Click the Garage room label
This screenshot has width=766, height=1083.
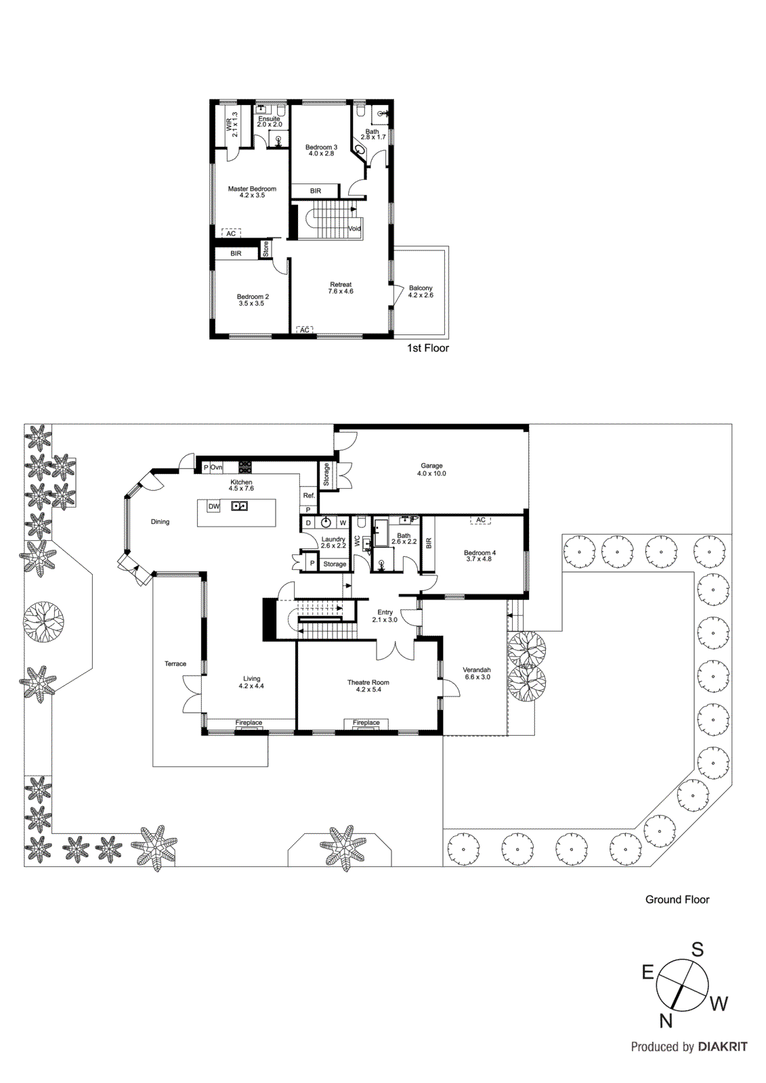[431, 466]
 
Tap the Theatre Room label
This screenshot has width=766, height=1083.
[368, 682]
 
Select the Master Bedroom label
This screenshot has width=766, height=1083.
[252, 189]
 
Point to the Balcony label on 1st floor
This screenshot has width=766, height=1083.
[421, 288]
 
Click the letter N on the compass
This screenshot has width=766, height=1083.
[666, 1021]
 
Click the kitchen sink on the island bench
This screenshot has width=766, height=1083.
[239, 506]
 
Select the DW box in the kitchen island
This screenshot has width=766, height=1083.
[213, 506]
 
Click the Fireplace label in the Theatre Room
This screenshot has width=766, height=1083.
[366, 723]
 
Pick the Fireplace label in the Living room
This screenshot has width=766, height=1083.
[249, 723]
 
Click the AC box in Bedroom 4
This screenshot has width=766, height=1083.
[481, 520]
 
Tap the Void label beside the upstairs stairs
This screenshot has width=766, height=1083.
[355, 229]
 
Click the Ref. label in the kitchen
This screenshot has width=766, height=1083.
[309, 495]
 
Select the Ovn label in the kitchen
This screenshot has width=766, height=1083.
[216, 468]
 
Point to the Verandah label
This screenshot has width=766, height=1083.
[477, 670]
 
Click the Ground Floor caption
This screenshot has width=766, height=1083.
[677, 900]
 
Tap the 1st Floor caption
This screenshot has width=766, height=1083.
[427, 348]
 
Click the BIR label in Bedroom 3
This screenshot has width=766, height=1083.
[316, 191]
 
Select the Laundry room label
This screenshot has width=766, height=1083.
[333, 539]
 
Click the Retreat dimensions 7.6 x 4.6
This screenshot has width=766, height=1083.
[341, 292]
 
